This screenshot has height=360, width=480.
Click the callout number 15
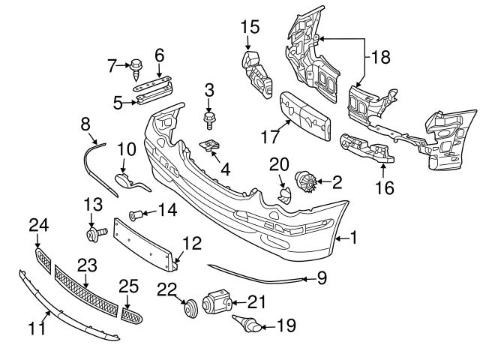[x=249, y=28]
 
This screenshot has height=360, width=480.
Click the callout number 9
[x=322, y=279]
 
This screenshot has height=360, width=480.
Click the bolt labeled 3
[x=208, y=118]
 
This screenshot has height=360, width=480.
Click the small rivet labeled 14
[x=137, y=215]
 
